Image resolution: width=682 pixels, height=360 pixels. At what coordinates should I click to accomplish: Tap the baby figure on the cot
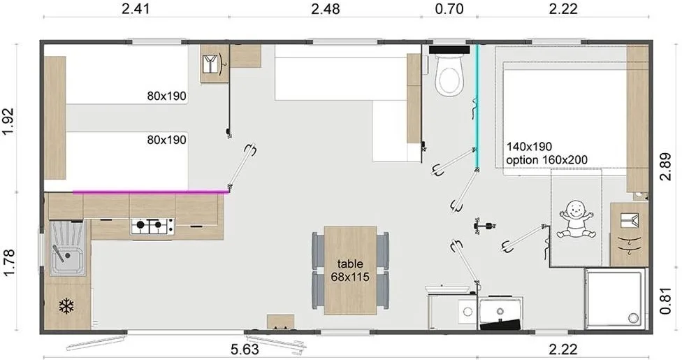[576, 219]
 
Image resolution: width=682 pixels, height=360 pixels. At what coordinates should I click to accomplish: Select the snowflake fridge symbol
[66, 306]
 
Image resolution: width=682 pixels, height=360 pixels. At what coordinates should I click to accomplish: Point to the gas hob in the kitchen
[152, 226]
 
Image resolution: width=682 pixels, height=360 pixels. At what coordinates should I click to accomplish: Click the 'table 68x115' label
[350, 270]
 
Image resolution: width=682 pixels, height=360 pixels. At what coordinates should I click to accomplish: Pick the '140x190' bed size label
[529, 146]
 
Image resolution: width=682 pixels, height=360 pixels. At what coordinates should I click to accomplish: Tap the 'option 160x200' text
[546, 160]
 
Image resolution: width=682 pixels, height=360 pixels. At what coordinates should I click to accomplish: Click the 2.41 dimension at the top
[136, 8]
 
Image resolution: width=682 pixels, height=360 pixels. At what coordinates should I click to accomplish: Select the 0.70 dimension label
[449, 8]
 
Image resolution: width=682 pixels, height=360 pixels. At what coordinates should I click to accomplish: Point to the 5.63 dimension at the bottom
[245, 349]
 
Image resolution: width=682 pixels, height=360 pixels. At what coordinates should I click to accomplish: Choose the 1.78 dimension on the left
[9, 262]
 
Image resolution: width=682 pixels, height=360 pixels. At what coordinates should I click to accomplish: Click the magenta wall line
[151, 192]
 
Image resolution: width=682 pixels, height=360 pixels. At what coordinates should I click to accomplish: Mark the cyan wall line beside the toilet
[477, 107]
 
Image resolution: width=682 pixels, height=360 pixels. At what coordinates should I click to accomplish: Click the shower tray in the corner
[615, 298]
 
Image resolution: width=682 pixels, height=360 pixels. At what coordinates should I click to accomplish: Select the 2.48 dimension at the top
[326, 8]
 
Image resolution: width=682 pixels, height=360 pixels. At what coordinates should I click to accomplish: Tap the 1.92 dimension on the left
[9, 122]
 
